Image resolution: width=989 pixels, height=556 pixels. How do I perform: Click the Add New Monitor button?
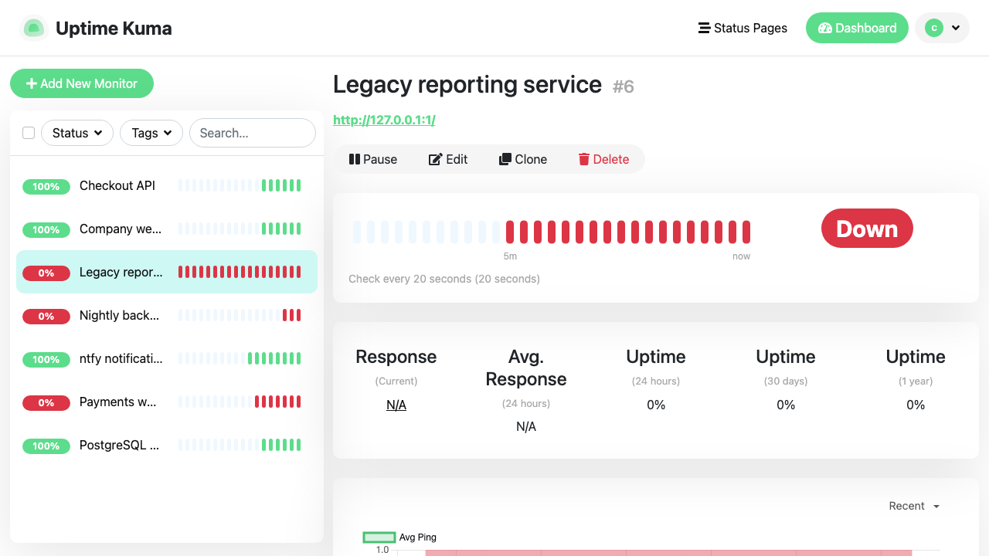(82, 83)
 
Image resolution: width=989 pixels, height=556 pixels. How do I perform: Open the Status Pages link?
(743, 29)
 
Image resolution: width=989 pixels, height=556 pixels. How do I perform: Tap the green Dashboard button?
(857, 29)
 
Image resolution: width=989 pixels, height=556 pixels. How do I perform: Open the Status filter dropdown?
(77, 133)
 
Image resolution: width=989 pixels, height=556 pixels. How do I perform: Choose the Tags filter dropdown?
(151, 133)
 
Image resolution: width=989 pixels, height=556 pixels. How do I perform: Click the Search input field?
(253, 133)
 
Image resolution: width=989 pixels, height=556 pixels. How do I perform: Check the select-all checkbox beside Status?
(29, 133)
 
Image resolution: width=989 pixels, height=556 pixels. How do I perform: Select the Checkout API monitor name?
(117, 186)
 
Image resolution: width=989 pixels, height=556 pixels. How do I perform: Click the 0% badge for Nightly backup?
(46, 316)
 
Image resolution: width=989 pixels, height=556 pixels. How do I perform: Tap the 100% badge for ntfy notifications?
(46, 359)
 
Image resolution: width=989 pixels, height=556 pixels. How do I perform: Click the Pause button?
(373, 159)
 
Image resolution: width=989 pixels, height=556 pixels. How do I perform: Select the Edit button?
(447, 159)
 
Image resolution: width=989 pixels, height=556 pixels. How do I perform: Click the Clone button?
(523, 159)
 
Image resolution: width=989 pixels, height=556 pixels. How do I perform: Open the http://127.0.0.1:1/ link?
(384, 120)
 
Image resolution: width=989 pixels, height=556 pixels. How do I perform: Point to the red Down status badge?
(867, 229)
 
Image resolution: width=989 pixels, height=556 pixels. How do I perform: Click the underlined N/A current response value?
(396, 405)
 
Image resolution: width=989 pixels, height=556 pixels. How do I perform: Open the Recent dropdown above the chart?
(914, 506)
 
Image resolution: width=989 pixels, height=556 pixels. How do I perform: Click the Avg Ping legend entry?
(399, 537)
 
